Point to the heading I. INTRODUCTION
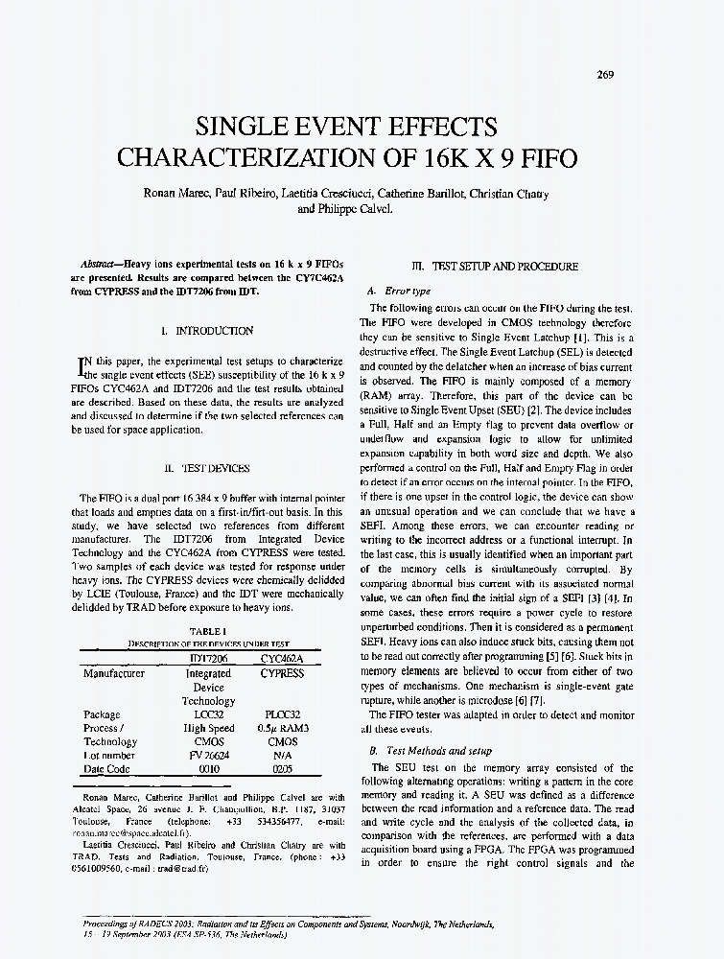(207, 331)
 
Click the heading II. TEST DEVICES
(207, 469)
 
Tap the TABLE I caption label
(207, 630)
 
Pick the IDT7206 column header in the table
(208, 659)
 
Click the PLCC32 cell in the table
(283, 714)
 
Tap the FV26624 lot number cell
(208, 756)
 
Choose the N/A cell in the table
(283, 756)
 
